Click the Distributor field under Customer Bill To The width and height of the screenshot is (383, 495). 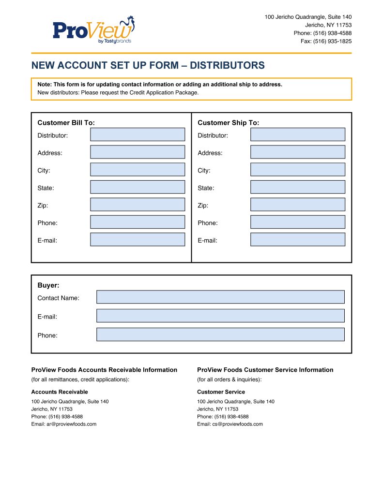[x=138, y=134]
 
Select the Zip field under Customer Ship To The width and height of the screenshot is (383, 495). [x=297, y=204]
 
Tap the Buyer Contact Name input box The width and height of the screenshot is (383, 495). [x=220, y=297]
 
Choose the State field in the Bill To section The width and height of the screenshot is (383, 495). [x=138, y=187]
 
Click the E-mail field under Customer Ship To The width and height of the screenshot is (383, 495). [x=297, y=239]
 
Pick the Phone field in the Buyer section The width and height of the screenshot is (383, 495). [x=220, y=335]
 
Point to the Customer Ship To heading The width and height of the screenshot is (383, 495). [x=228, y=123]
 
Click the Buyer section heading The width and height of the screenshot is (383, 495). [x=48, y=285]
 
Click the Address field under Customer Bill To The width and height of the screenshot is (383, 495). [x=138, y=152]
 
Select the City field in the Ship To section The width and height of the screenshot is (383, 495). [x=297, y=169]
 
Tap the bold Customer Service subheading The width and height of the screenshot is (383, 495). [x=221, y=392]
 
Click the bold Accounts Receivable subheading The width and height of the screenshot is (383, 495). [x=60, y=392]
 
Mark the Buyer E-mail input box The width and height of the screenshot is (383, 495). [x=220, y=316]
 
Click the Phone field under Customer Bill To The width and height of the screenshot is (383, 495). [x=138, y=222]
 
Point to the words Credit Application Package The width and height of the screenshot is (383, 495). [x=164, y=92]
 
